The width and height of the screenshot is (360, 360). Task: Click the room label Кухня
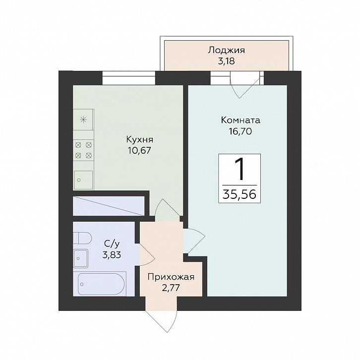(x=140, y=140)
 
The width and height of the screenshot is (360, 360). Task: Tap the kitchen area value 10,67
(x=140, y=151)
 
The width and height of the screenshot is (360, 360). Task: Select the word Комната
(x=240, y=120)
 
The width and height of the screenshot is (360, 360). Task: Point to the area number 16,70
(x=240, y=131)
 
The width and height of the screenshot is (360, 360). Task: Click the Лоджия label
(x=227, y=50)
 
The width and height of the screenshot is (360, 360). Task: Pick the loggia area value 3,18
(x=227, y=61)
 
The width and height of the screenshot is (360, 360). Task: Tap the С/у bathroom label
(x=112, y=243)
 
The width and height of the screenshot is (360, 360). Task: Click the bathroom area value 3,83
(x=112, y=254)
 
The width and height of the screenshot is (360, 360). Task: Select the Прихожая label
(x=171, y=277)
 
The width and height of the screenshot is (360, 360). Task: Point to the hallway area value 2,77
(x=171, y=288)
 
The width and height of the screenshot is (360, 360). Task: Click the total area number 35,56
(x=239, y=194)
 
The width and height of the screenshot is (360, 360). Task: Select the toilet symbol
(x=82, y=238)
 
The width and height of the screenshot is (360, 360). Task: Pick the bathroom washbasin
(x=81, y=258)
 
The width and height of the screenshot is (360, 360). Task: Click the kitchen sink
(x=83, y=180)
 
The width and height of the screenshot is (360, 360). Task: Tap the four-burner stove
(x=84, y=150)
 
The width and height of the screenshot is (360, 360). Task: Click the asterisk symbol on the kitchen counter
(x=83, y=120)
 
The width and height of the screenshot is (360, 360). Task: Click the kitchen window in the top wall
(x=129, y=78)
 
